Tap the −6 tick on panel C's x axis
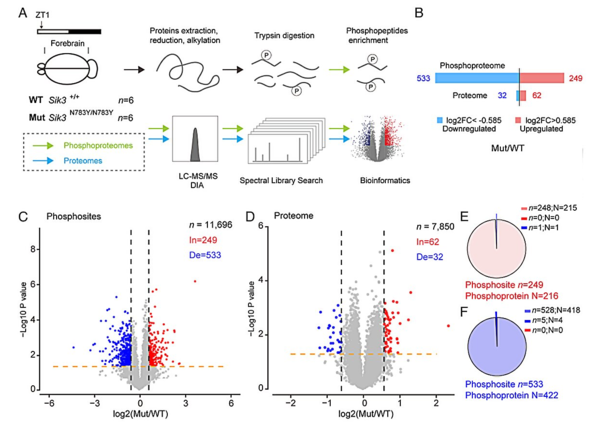click(x=45, y=402)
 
